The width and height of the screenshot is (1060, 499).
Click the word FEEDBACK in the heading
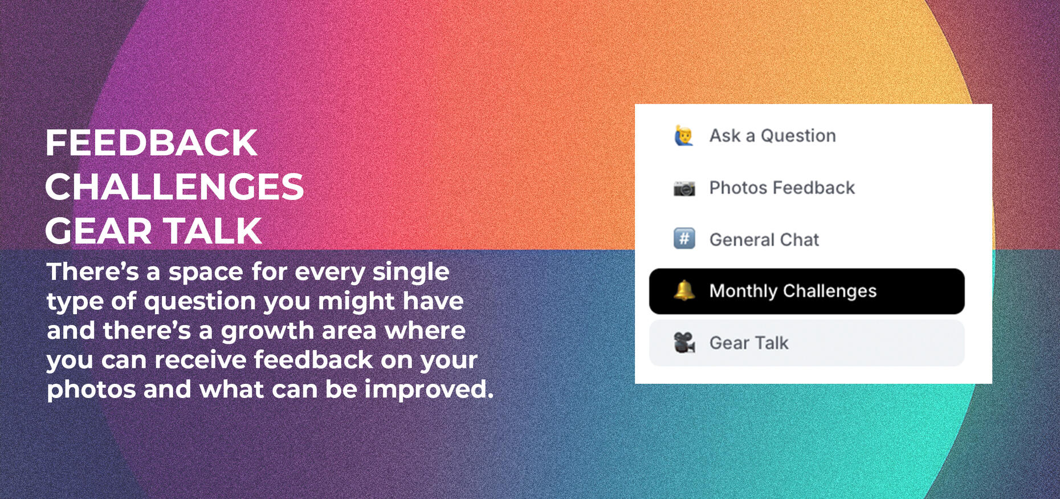[151, 143]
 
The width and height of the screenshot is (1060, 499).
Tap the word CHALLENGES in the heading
[174, 187]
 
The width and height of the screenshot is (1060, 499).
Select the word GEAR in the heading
[98, 231]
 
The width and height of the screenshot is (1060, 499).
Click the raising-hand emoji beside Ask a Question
[684, 136]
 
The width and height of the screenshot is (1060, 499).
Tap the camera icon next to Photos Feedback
[684, 188]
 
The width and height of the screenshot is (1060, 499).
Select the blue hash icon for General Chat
[684, 238]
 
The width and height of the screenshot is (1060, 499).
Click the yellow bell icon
[684, 290]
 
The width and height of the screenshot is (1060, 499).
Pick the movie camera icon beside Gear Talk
[684, 342]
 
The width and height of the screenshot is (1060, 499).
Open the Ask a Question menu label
[772, 136]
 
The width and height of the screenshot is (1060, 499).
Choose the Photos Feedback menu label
[782, 188]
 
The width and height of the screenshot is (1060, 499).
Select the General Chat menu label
[764, 240]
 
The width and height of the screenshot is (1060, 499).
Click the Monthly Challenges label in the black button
[793, 291]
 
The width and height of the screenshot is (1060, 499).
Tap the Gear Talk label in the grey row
[749, 343]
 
